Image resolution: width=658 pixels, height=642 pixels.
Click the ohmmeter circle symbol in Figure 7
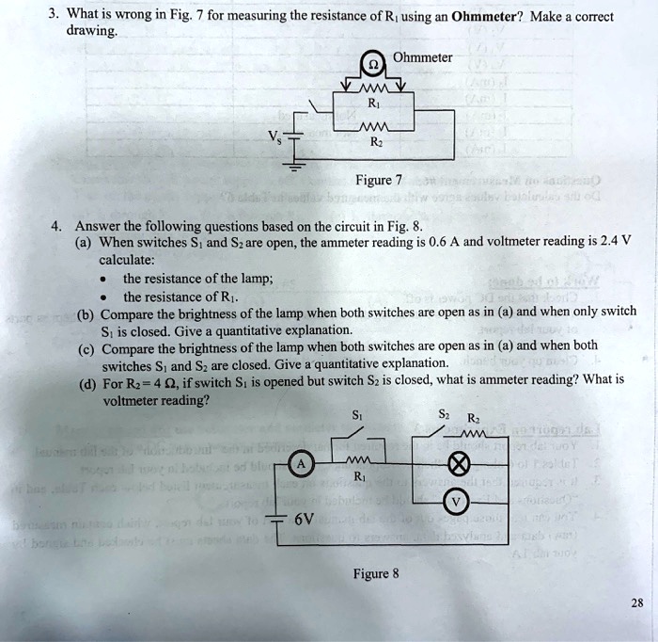(374, 66)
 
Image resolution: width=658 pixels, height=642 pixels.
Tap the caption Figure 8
(376, 573)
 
